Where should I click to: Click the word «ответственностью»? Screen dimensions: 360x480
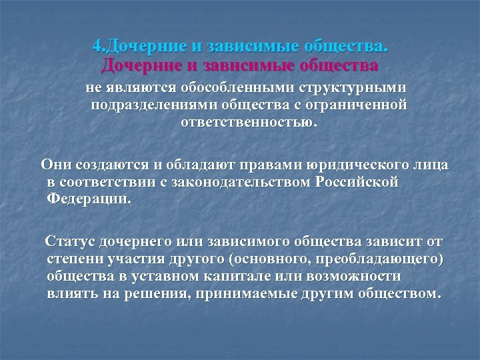(x=254, y=123)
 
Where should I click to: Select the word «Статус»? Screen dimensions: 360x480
(x=70, y=241)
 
